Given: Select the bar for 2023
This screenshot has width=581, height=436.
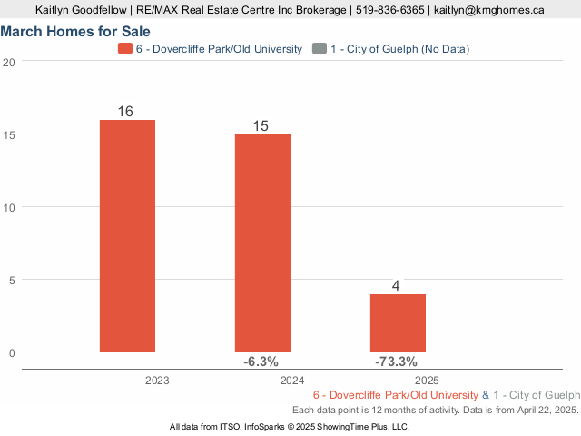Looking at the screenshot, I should click(x=127, y=235).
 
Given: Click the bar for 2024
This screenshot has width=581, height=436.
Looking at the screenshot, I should click(x=262, y=243).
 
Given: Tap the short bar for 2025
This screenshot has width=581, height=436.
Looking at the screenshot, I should click(x=398, y=322).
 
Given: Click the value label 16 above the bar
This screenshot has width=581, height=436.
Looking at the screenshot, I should click(x=125, y=112).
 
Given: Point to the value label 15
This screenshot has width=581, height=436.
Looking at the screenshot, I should click(x=261, y=126).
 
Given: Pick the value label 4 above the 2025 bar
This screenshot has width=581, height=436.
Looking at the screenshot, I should click(x=396, y=286).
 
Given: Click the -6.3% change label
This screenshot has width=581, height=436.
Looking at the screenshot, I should click(x=261, y=362).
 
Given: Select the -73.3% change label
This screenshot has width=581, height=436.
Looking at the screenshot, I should click(x=396, y=362).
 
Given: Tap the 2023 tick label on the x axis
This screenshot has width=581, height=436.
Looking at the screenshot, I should click(x=157, y=381).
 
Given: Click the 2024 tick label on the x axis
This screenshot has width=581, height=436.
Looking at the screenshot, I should click(x=292, y=381).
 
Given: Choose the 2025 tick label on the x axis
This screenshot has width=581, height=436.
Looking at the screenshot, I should click(x=428, y=381).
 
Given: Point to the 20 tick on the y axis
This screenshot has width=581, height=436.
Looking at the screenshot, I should click(x=8, y=62).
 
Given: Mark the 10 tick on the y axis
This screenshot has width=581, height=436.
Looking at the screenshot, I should click(x=8, y=207).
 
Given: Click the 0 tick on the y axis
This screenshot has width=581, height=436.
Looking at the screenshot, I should click(x=11, y=352).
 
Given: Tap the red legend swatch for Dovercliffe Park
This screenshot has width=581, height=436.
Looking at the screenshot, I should click(x=124, y=48).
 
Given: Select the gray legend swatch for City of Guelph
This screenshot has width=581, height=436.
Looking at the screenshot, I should click(x=318, y=48).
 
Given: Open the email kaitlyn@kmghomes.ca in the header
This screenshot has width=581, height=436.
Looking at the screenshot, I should click(x=488, y=10).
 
